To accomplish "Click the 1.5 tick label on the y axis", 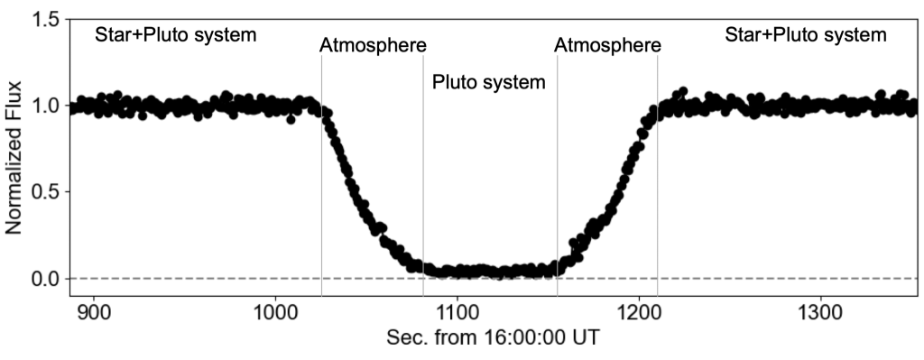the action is (x=45, y=20).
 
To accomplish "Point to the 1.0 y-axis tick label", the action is (x=45, y=106).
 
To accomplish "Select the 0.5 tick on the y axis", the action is (x=45, y=192).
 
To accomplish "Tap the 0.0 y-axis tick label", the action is (x=45, y=278).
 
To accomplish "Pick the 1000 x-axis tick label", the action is (x=275, y=309).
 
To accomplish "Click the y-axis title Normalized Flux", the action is (x=14, y=157).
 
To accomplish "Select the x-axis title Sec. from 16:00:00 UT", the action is (x=494, y=338).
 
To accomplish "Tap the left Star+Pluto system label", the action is (x=176, y=35).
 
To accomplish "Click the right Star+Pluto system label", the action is (x=806, y=35).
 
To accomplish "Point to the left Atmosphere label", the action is (x=373, y=45).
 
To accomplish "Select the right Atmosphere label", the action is (x=607, y=45).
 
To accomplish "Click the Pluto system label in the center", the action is (x=489, y=82).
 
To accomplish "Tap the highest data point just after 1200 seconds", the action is (x=683, y=91).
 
